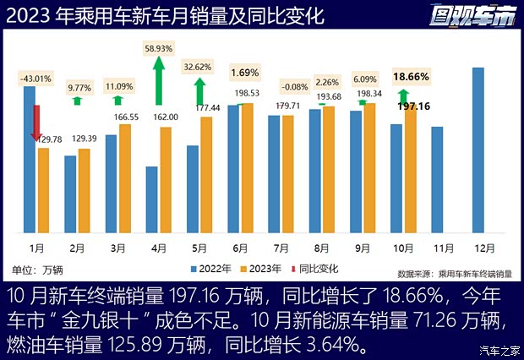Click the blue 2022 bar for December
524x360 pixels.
click(x=478, y=150)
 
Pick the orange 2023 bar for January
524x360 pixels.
click(x=43, y=190)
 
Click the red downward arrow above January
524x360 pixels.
click(x=35, y=123)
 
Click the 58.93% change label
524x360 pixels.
click(x=159, y=49)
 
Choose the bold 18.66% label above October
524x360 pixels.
click(x=410, y=76)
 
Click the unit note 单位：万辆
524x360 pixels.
click(x=38, y=270)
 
